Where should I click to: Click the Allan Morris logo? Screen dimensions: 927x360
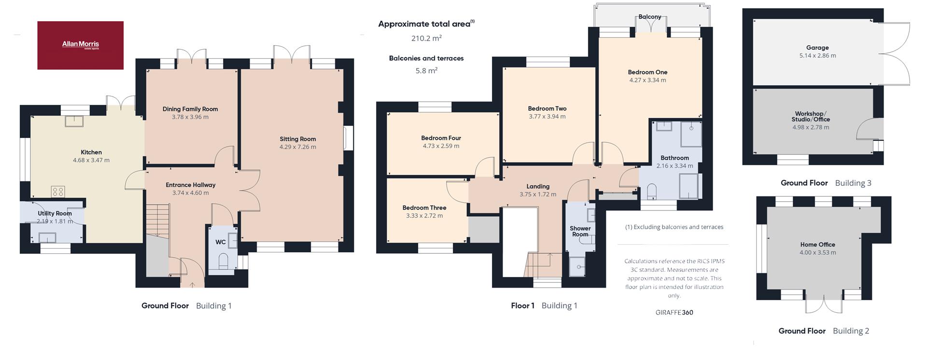pyautogui.click(x=81, y=45)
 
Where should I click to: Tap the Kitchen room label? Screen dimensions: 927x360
pyautogui.click(x=91, y=152)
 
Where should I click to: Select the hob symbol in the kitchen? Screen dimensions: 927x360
pyautogui.click(x=58, y=192)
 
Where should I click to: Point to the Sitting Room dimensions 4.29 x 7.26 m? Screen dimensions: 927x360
pyautogui.click(x=298, y=147)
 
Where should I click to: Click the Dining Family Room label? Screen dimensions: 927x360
pyautogui.click(x=190, y=109)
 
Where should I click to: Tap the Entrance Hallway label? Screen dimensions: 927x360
pyautogui.click(x=191, y=185)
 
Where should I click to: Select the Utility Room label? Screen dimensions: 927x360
pyautogui.click(x=55, y=213)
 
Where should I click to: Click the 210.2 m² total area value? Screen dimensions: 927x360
pyautogui.click(x=426, y=38)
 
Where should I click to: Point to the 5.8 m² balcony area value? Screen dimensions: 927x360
pyautogui.click(x=426, y=70)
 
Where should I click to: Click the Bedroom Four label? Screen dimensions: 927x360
pyautogui.click(x=441, y=138)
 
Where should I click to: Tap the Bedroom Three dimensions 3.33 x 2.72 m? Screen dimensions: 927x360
pyautogui.click(x=424, y=216)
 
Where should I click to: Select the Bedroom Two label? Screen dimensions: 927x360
pyautogui.click(x=547, y=109)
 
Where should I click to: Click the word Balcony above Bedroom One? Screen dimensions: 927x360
pyautogui.click(x=650, y=16)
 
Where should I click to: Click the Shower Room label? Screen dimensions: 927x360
pyautogui.click(x=580, y=232)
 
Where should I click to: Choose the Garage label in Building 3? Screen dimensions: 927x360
pyautogui.click(x=817, y=48)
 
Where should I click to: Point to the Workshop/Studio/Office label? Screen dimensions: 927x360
pyautogui.click(x=811, y=116)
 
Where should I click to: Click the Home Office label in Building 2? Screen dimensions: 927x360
pyautogui.click(x=817, y=245)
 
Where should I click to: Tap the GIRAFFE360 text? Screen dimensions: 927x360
pyautogui.click(x=674, y=312)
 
